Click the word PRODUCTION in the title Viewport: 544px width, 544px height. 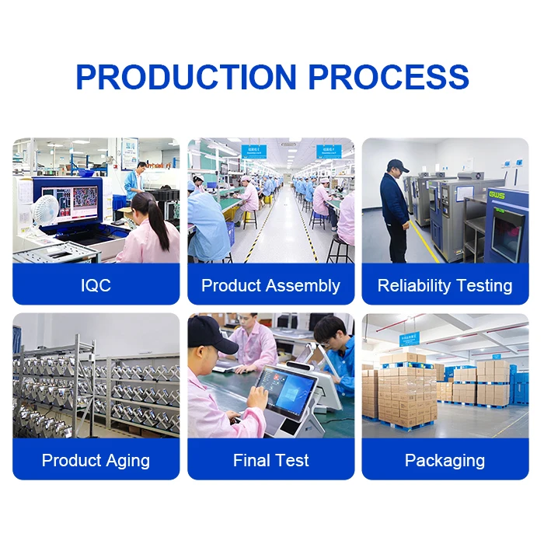coord(185,77)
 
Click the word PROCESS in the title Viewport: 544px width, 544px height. coord(389,77)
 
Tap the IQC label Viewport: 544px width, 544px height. coord(96,285)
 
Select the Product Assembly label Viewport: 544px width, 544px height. coord(270,285)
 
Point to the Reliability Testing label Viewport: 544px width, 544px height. coord(445,285)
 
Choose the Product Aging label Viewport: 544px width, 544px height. coord(96,460)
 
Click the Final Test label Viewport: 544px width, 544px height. coord(270,460)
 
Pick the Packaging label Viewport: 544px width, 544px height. coord(445,460)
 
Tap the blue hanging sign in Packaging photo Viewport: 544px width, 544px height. coord(408,339)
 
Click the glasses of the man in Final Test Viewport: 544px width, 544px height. coord(327,340)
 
